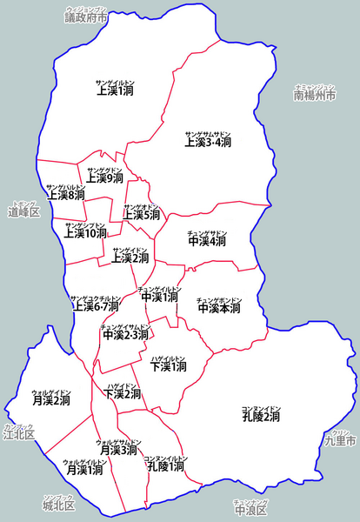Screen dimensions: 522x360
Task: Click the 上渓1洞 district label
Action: tap(115, 90)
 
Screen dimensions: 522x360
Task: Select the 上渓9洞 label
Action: tap(106, 178)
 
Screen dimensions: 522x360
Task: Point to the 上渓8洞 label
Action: tap(66, 195)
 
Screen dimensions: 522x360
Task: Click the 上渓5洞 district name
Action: tap(142, 214)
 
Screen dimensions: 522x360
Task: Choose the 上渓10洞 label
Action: tap(85, 233)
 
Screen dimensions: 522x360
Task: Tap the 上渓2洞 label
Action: tap(130, 258)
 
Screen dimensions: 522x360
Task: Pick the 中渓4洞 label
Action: tap(207, 241)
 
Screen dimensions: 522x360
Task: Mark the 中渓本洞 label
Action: tap(219, 307)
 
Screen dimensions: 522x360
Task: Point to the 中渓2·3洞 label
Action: tap(126, 335)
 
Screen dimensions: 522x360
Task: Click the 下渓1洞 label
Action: tap(169, 367)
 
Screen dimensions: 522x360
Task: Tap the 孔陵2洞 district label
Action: tap(261, 417)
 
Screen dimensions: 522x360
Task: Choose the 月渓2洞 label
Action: tap(50, 400)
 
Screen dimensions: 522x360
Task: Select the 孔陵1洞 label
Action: tap(165, 466)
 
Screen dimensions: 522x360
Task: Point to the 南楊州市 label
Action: tap(314, 95)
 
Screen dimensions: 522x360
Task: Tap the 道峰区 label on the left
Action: tap(23, 211)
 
